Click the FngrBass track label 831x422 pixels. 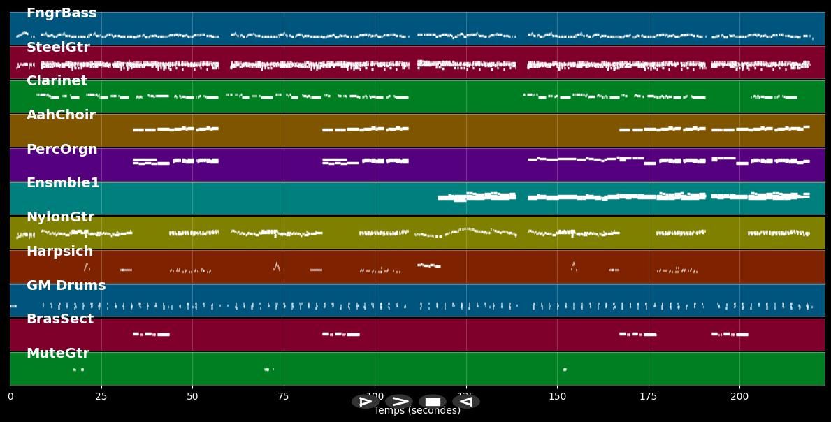pyautogui.click(x=62, y=13)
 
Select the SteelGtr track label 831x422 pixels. pyautogui.click(x=58, y=48)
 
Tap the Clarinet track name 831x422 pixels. pyautogui.click(x=57, y=81)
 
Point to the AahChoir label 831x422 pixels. pyautogui.click(x=61, y=115)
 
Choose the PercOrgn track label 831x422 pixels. pyautogui.click(x=62, y=150)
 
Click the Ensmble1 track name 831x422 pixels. pyautogui.click(x=63, y=183)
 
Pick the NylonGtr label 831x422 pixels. pyautogui.click(x=60, y=217)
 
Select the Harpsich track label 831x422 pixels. pyautogui.click(x=59, y=252)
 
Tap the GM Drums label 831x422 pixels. pyautogui.click(x=66, y=286)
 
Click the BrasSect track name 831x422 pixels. pyautogui.click(x=60, y=319)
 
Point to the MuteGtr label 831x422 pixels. pyautogui.click(x=58, y=354)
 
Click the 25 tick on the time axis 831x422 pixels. pyautogui.click(x=101, y=397)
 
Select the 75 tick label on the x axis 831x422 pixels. pyautogui.click(x=284, y=397)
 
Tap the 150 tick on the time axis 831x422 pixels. pyautogui.click(x=557, y=397)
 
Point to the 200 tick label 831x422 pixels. pyautogui.click(x=739, y=397)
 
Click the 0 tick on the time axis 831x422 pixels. pyautogui.click(x=10, y=397)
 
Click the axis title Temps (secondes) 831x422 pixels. pyautogui.click(x=417, y=411)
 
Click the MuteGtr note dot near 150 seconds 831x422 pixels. pyautogui.click(x=565, y=370)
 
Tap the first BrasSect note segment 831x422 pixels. pyautogui.click(x=136, y=334)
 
